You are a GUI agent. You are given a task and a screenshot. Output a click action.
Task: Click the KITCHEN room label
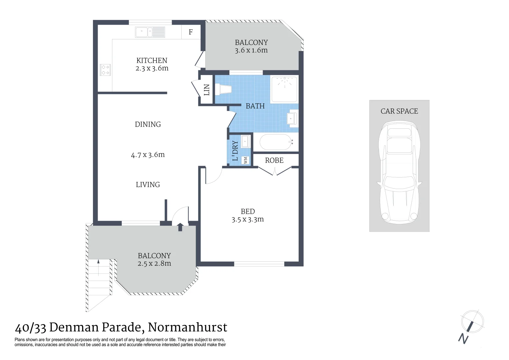coord(152,61)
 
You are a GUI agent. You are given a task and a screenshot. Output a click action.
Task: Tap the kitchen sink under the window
coord(150,32)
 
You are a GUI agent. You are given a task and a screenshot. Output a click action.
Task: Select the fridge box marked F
coord(191,32)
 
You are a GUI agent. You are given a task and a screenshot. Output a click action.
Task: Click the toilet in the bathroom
coord(223,89)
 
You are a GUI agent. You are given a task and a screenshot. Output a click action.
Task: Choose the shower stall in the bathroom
coord(284,89)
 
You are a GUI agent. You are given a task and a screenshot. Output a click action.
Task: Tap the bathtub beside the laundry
coord(276,142)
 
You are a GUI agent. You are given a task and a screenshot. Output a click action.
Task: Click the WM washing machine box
coord(246,160)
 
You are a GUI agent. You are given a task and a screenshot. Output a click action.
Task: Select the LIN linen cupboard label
coord(207,90)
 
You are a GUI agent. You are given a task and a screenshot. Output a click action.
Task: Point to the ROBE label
coord(274,160)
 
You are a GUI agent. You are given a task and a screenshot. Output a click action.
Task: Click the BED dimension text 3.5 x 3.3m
coord(248,219)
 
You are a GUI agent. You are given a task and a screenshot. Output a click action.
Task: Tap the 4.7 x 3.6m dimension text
coord(148,155)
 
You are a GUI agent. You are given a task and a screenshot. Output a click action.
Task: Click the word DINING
coord(148,124)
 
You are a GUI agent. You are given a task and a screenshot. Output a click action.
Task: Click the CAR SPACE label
coord(399,111)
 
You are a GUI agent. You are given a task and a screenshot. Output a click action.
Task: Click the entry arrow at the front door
coord(180,227)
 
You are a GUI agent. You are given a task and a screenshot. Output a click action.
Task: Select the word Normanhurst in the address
coord(187,327)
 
